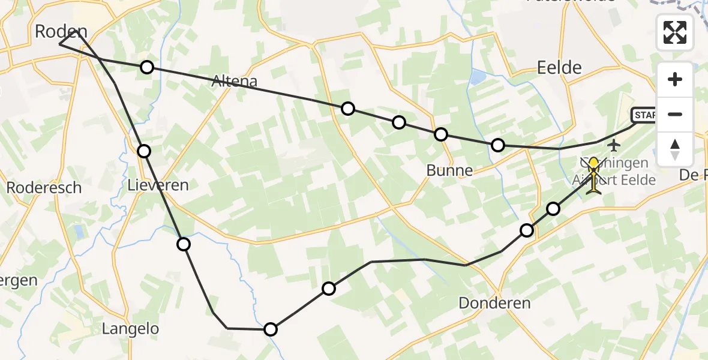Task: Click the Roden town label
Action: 61,31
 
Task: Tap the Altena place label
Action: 235,82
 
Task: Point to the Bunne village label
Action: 449,170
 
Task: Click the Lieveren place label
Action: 158,185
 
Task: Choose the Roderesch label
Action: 44,187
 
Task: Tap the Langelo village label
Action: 130,329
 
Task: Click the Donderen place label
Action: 494,303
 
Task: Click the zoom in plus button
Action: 675,80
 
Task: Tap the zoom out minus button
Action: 675,115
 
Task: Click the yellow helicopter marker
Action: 593,174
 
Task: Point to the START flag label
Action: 643,115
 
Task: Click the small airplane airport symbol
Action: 614,145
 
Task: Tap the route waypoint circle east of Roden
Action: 147,67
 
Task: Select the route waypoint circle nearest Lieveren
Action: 144,151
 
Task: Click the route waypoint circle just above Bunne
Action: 441,134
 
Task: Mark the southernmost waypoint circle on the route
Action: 271,329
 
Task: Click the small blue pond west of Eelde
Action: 478,76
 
